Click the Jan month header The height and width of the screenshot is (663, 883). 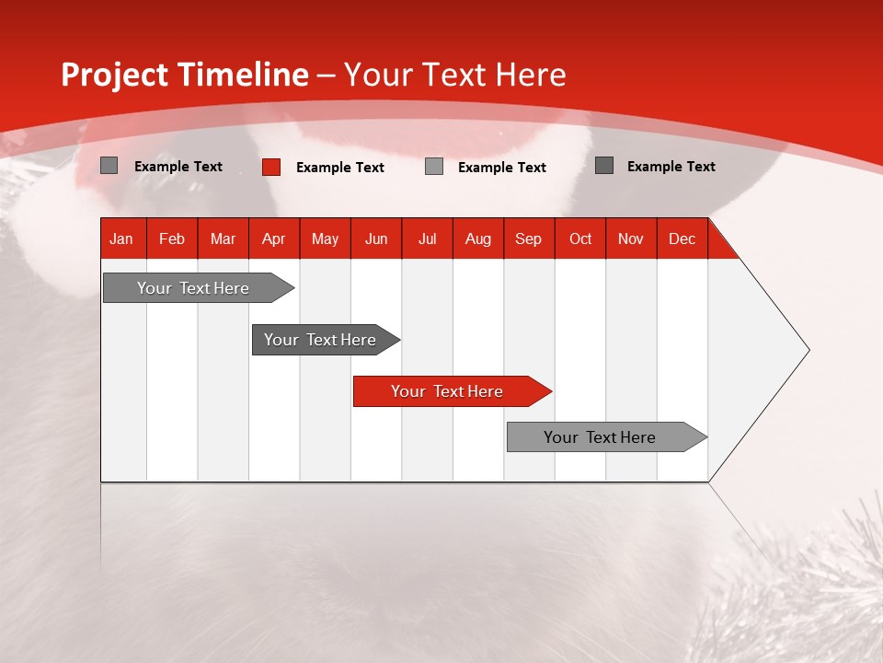(x=121, y=238)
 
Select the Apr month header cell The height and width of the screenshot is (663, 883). (x=274, y=238)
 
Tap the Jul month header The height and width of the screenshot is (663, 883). (x=427, y=238)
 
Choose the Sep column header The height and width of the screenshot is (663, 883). (x=528, y=238)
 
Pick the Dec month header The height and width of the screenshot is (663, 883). (x=682, y=238)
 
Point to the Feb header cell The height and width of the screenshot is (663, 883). (x=172, y=238)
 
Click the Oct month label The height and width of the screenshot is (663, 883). (x=580, y=238)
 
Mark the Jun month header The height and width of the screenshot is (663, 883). (x=376, y=238)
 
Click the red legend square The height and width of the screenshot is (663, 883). (x=270, y=167)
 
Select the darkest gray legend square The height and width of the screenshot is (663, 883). (x=603, y=165)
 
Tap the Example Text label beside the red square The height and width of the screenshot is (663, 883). (x=339, y=168)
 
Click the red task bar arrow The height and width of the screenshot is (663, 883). (x=452, y=391)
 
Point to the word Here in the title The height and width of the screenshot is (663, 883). (x=531, y=75)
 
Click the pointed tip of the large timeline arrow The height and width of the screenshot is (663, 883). (x=807, y=350)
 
